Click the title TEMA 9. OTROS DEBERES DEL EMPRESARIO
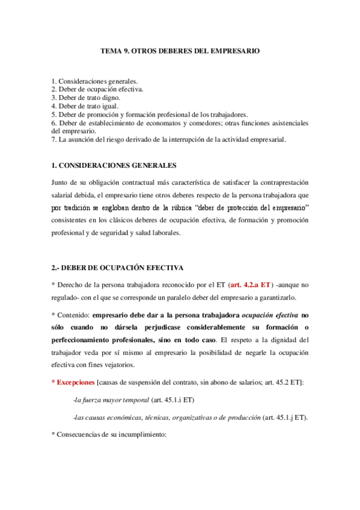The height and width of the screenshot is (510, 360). click(180, 52)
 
